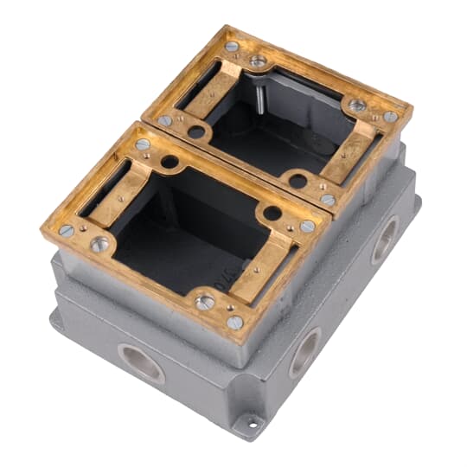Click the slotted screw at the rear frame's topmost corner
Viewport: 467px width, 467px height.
click(x=232, y=47)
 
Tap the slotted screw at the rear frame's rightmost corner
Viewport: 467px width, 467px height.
click(x=392, y=116)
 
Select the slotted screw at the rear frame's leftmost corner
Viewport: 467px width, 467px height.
click(x=164, y=120)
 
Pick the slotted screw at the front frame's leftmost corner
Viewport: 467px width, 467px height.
click(x=66, y=230)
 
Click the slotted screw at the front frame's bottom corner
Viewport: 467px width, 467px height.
click(x=234, y=322)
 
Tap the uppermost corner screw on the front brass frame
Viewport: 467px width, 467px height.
click(x=143, y=144)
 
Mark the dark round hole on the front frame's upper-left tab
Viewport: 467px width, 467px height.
click(x=170, y=162)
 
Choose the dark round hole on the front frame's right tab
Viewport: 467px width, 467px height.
click(x=272, y=213)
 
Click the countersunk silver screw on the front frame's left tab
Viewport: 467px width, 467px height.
click(x=100, y=245)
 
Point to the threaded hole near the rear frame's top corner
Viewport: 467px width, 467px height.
click(x=258, y=61)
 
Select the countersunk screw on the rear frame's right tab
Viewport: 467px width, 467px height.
click(x=357, y=106)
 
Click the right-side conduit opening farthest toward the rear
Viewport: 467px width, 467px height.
click(x=384, y=241)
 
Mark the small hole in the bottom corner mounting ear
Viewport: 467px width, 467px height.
click(x=253, y=423)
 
